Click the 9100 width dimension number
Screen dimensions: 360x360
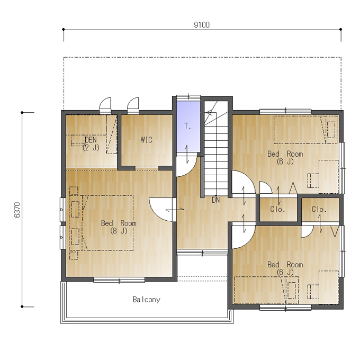[202, 25]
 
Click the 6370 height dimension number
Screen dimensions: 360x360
[17, 210]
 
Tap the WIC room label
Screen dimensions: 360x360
[147, 140]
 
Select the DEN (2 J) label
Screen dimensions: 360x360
[91, 143]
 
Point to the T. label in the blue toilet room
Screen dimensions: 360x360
[187, 126]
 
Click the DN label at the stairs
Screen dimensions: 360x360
[215, 200]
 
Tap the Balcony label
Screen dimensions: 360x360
[147, 300]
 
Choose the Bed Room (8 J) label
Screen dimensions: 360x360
[119, 227]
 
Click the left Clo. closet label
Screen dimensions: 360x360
[277, 209]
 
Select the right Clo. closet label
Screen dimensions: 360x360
[319, 209]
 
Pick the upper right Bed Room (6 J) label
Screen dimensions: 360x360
[285, 158]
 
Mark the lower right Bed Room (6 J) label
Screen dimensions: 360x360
[285, 268]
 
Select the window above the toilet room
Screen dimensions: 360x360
[188, 97]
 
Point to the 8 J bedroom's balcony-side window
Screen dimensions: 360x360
[119, 280]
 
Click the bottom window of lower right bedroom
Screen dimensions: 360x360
[285, 308]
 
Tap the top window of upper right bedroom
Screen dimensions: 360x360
[285, 112]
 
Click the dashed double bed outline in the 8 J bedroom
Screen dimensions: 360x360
[107, 223]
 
